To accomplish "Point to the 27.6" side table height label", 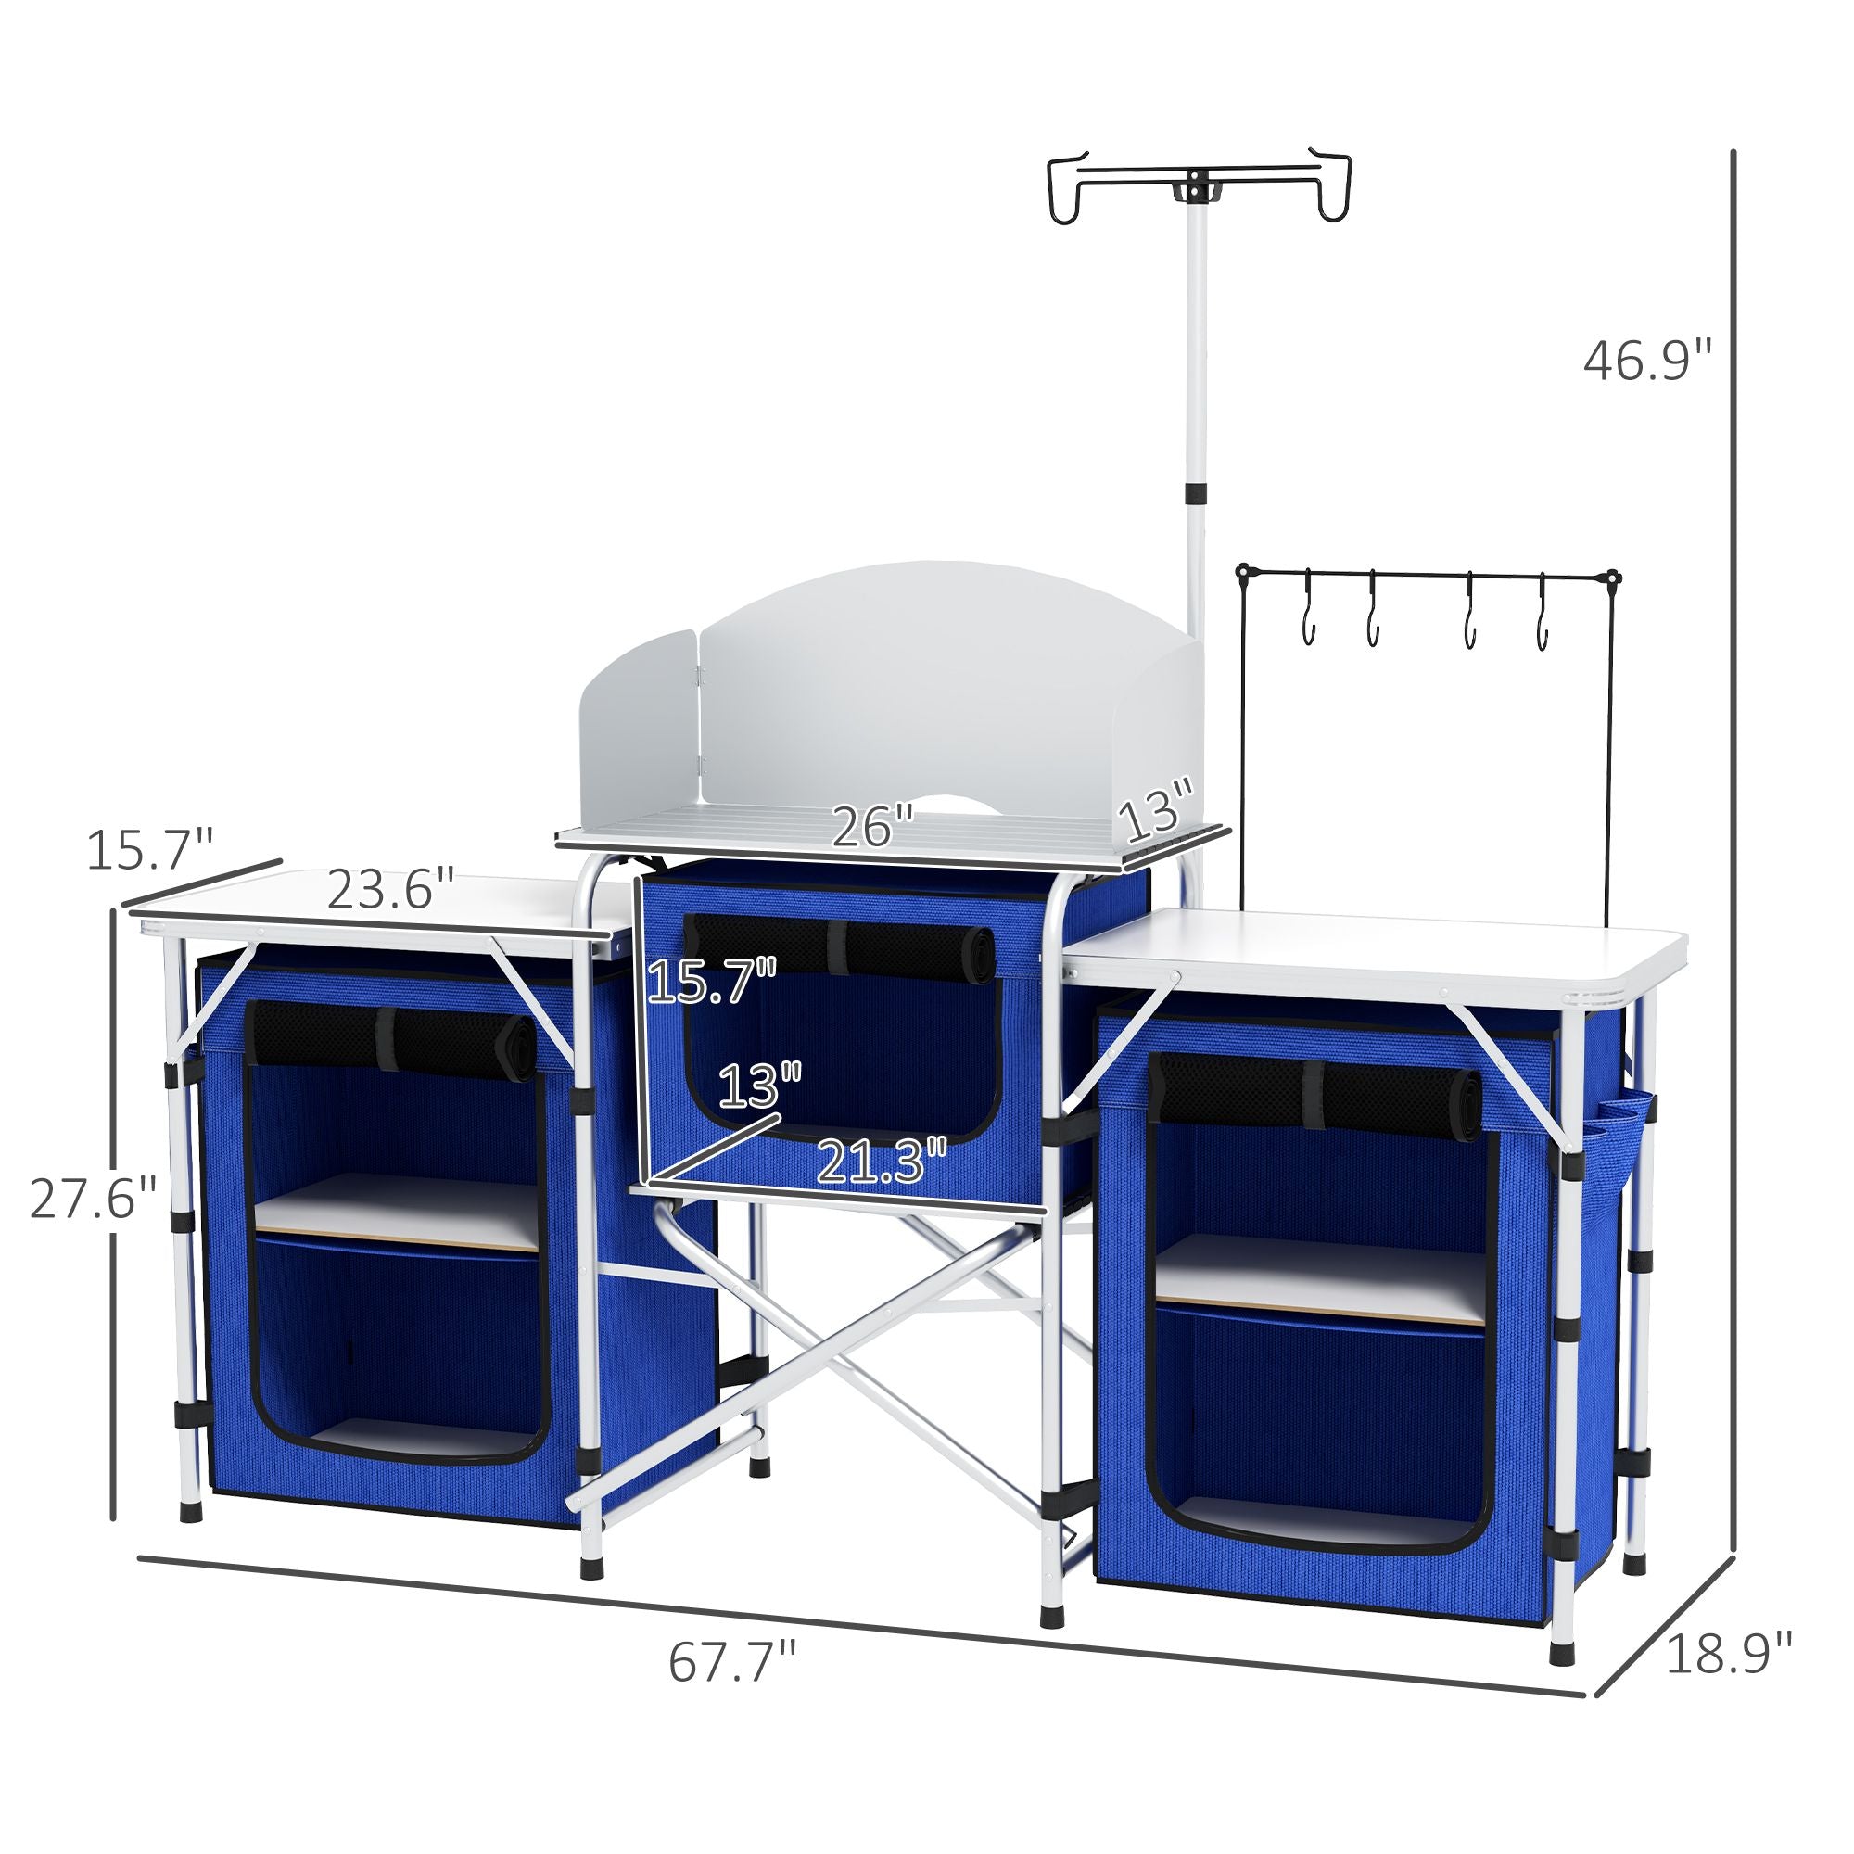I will pyautogui.click(x=93, y=1199).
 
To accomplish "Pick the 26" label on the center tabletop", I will pyautogui.click(x=871, y=826).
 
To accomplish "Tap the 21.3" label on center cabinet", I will pyautogui.click(x=881, y=1162).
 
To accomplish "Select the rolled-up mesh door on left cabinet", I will pyautogui.click(x=392, y=1035).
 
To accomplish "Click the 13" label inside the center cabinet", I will pyautogui.click(x=758, y=1086).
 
